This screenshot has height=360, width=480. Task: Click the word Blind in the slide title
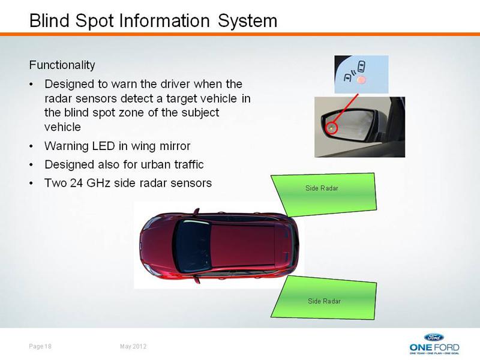point(49,21)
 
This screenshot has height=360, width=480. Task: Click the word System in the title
point(247,22)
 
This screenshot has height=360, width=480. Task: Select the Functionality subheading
point(62,65)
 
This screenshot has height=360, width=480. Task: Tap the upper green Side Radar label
point(322,188)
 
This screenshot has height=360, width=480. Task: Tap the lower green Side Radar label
point(324,301)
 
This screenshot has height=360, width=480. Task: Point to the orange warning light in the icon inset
point(362,80)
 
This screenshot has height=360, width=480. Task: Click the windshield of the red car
point(192,246)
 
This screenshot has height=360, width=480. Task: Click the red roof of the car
point(244,245)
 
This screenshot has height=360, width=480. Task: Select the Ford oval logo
point(434,337)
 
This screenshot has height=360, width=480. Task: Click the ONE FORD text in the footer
point(434,347)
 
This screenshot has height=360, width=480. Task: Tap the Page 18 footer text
point(40,346)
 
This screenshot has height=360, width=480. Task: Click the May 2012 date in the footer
point(133,346)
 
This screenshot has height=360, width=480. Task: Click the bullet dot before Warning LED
point(31,146)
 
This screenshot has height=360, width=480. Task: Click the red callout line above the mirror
point(346,109)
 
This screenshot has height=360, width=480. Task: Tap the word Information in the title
point(164,21)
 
